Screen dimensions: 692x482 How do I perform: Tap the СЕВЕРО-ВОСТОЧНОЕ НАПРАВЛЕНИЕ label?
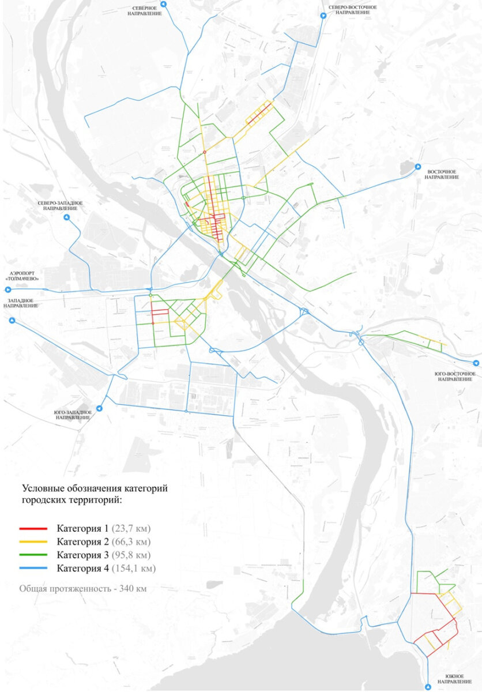pyautogui.click(x=353, y=9)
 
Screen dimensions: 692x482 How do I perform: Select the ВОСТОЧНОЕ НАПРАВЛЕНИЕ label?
pyautogui.click(x=442, y=174)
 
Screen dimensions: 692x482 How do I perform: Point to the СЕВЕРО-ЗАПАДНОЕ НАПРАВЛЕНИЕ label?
pyautogui.click(x=60, y=206)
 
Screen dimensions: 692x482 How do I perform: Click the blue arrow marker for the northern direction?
pyautogui.click(x=163, y=4)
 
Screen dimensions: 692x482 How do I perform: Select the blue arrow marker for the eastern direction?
pyautogui.click(x=419, y=167)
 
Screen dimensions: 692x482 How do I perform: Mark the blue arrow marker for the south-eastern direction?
pyautogui.click(x=476, y=363)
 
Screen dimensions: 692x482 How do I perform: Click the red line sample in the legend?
pyautogui.click(x=33, y=528)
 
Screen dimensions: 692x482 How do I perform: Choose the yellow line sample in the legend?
pyautogui.click(x=33, y=542)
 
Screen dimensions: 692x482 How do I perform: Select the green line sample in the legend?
pyautogui.click(x=33, y=555)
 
